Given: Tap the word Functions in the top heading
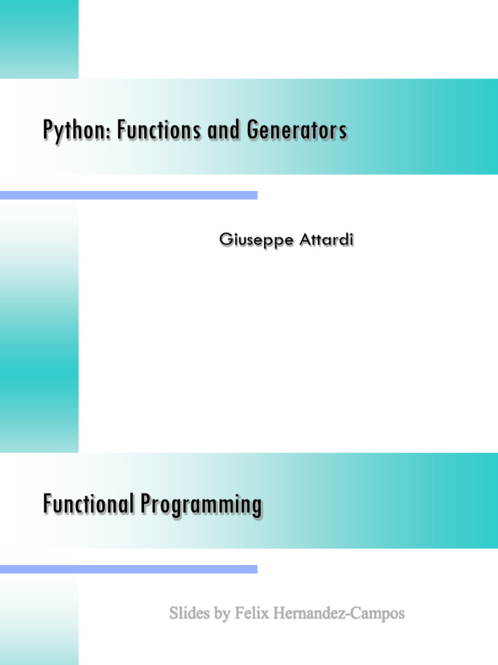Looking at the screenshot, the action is (159, 129).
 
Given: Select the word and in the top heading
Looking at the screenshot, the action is (223, 129).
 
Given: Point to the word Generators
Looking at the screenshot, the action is (296, 129).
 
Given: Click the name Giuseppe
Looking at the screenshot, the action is (256, 240).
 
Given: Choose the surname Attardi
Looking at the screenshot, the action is (326, 239).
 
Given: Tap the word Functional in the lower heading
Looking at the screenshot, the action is (88, 503).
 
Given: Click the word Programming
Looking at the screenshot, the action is (201, 505).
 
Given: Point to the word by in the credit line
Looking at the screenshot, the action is (222, 614).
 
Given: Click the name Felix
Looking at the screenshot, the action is (252, 613).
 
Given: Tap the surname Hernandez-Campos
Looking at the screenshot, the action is (338, 614).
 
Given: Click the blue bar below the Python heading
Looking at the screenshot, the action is (129, 195).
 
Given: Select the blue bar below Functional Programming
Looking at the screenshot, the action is (129, 569).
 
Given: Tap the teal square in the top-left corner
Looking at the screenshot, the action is (39, 39).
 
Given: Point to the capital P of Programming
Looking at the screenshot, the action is (146, 503).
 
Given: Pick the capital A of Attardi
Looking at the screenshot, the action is (306, 239).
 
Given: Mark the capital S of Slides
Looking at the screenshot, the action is (174, 613).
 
